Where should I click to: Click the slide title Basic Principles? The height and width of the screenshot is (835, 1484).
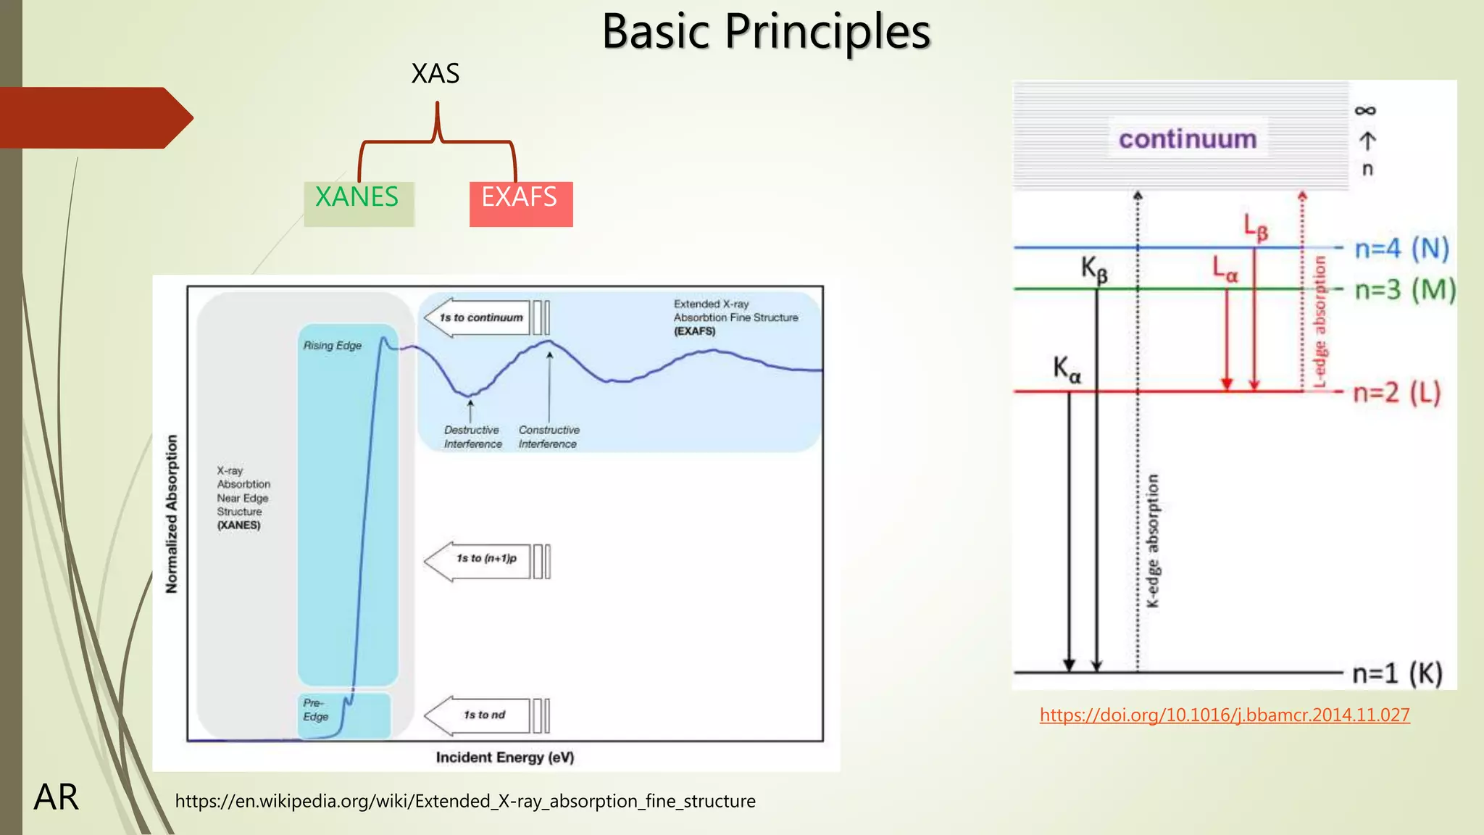[766, 32]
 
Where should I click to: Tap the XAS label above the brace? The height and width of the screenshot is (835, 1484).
[435, 73]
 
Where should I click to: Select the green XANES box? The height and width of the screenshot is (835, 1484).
[358, 203]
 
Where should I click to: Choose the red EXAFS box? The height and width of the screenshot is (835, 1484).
[520, 203]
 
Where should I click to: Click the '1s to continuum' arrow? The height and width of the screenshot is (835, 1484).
[481, 317]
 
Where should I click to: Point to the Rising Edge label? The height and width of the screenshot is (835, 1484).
[332, 346]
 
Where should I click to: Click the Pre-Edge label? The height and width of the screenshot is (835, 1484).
[315, 710]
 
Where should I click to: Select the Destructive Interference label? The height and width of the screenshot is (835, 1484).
[472, 437]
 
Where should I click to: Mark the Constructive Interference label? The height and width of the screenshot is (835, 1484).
[549, 437]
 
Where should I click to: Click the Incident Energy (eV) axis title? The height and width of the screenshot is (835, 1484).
[504, 757]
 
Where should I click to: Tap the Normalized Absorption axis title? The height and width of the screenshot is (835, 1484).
[172, 514]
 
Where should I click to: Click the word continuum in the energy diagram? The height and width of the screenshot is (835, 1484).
[1187, 138]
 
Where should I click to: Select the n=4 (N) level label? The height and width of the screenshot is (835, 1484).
[1401, 249]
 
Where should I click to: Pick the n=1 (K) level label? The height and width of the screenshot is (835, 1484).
[1397, 673]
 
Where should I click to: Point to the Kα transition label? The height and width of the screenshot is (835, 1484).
[1067, 369]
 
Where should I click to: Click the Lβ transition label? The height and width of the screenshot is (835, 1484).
[1256, 228]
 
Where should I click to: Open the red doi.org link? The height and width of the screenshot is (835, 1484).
[1224, 715]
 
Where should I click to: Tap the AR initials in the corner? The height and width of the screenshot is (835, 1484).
[56, 797]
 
